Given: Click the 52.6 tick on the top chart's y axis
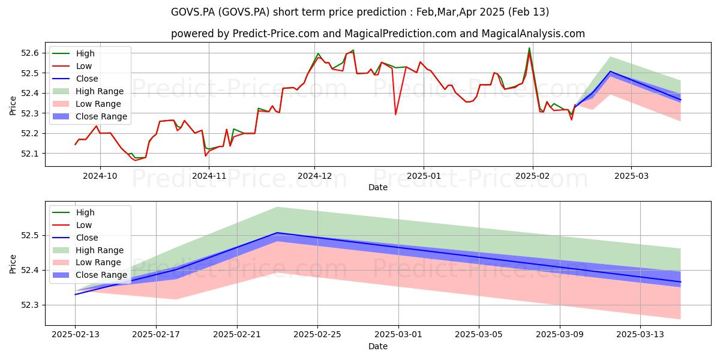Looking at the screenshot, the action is pyautogui.click(x=29, y=53).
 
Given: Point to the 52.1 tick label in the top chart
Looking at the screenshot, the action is pyautogui.click(x=29, y=154).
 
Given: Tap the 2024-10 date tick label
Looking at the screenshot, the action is pyautogui.click(x=100, y=176).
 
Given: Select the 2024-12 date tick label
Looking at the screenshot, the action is pyautogui.click(x=314, y=176).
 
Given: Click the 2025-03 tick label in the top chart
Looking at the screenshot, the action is pyautogui.click(x=631, y=176).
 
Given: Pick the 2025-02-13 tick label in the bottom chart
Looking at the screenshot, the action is pyautogui.click(x=76, y=335).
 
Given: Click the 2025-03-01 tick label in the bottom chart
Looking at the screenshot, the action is pyautogui.click(x=398, y=335).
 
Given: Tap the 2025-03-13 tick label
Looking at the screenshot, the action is pyautogui.click(x=640, y=335).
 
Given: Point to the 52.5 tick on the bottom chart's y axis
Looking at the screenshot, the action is pyautogui.click(x=29, y=236).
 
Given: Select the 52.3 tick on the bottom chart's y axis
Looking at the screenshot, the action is pyautogui.click(x=29, y=305).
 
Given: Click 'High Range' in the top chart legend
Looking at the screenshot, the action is pyautogui.click(x=100, y=91).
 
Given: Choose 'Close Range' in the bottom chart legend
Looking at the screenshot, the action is pyautogui.click(x=101, y=275).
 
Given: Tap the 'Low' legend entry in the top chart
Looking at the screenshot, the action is pyautogui.click(x=84, y=66).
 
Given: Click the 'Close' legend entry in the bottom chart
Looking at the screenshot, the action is pyautogui.click(x=87, y=238).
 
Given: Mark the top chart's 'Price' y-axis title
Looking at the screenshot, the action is pyautogui.click(x=13, y=106).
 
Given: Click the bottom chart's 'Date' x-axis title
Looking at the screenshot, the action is pyautogui.click(x=377, y=347).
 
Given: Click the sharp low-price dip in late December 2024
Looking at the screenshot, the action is pyautogui.click(x=395, y=115).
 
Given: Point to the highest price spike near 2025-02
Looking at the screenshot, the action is pyautogui.click(x=529, y=48).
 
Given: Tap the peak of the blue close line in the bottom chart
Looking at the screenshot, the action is pyautogui.click(x=277, y=233).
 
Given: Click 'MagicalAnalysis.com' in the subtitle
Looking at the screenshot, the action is pyautogui.click(x=533, y=34).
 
